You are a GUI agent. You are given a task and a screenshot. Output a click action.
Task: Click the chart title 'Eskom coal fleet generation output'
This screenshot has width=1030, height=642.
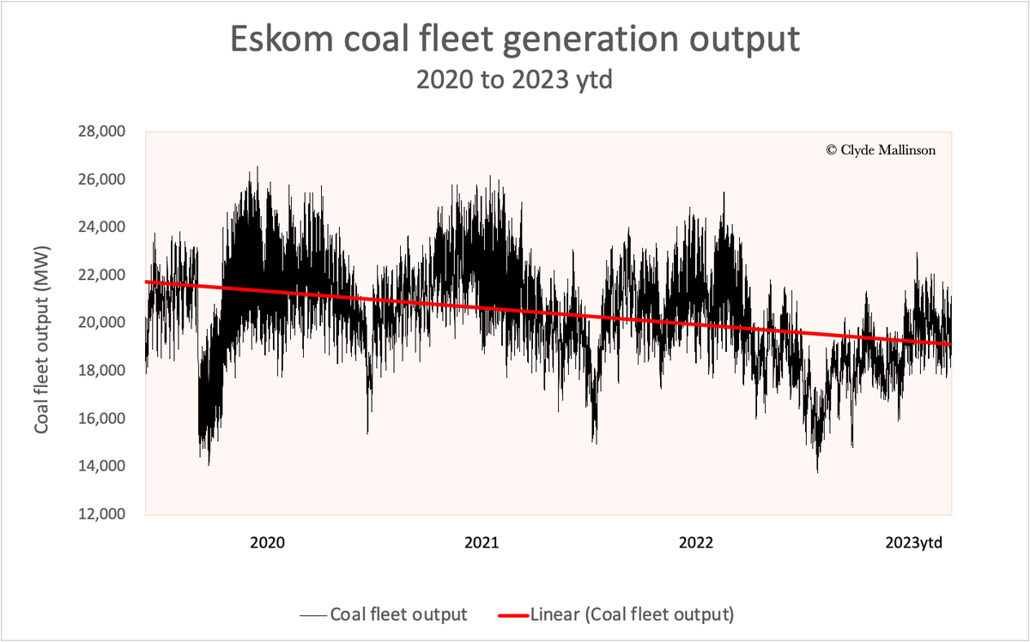[514, 39]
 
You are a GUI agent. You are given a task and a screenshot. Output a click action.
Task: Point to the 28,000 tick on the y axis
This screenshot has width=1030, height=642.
[101, 131]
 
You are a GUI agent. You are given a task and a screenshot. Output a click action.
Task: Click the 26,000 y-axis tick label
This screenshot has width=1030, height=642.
[101, 179]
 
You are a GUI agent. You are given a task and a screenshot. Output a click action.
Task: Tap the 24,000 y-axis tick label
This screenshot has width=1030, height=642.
[101, 227]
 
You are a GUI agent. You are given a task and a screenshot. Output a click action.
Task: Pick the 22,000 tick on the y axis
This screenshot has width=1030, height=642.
[101, 276]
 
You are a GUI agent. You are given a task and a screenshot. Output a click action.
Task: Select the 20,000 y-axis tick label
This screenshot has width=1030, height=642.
[101, 323]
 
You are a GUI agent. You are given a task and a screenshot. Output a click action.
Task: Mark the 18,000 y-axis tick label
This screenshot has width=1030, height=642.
[101, 371]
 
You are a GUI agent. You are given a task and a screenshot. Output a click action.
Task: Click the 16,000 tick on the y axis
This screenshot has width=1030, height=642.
[101, 419]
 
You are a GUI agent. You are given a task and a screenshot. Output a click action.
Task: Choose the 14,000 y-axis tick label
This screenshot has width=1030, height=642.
[101, 466]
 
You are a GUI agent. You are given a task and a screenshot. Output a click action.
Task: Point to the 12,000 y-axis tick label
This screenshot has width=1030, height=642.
[101, 514]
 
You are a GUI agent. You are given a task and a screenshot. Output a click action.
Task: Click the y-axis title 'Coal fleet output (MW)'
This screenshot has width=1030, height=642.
[41, 322]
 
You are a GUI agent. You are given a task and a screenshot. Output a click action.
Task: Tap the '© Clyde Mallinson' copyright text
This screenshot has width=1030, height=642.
[881, 149]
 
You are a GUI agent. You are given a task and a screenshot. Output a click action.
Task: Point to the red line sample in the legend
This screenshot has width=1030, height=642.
[513, 615]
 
